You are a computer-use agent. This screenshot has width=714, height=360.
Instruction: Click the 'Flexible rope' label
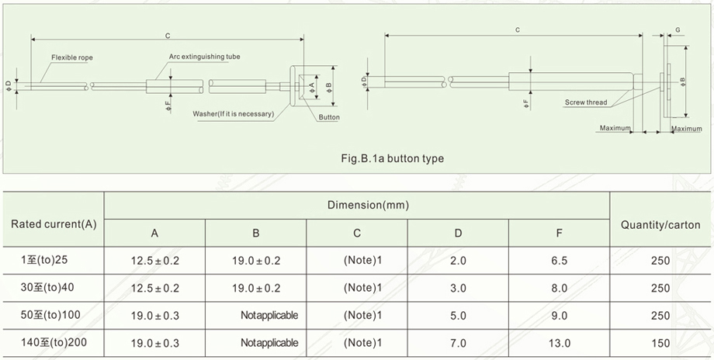click(x=72, y=57)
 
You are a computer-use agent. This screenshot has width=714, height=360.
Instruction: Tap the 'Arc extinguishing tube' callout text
click(x=205, y=57)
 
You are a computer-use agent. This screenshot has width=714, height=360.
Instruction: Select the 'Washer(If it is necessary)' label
click(x=234, y=115)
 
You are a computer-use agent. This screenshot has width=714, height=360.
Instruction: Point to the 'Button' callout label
click(x=329, y=117)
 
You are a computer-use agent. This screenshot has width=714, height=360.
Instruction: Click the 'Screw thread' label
click(x=586, y=102)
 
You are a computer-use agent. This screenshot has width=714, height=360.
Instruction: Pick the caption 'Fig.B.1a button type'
click(x=393, y=158)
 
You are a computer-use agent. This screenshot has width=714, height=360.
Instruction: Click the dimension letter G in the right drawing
click(x=678, y=29)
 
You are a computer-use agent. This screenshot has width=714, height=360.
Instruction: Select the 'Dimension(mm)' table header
click(x=357, y=206)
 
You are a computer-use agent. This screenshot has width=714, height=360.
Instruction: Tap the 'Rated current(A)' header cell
click(x=54, y=224)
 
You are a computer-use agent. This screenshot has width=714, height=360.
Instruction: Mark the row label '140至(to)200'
click(x=54, y=342)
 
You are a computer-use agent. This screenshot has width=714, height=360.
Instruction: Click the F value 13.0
click(x=560, y=342)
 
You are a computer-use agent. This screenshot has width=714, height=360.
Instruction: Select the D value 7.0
click(x=458, y=342)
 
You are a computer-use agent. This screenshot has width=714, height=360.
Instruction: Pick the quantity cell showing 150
click(x=660, y=342)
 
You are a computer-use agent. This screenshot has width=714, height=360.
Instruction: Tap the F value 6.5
click(x=560, y=260)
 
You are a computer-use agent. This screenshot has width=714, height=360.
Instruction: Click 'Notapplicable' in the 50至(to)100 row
click(x=269, y=315)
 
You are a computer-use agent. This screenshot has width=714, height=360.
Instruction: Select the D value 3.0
click(x=458, y=288)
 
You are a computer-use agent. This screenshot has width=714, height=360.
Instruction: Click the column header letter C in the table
click(x=357, y=234)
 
